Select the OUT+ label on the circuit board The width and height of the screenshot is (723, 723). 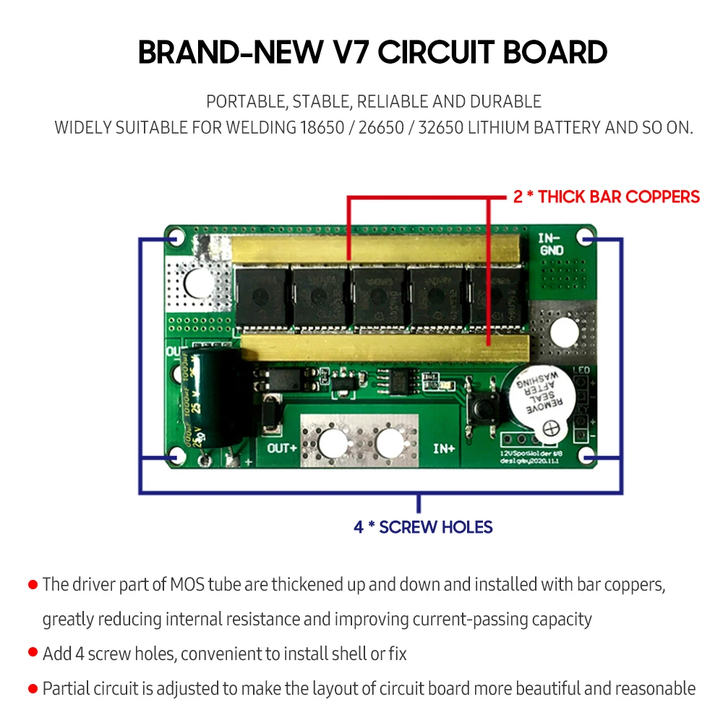283,447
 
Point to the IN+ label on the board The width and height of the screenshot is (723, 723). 443,448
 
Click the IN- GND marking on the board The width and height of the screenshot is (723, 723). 552,244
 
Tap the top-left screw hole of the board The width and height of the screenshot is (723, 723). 174,238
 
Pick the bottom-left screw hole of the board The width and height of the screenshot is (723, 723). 174,455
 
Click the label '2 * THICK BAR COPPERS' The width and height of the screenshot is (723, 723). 607,197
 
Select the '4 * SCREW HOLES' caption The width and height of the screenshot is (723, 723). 423,527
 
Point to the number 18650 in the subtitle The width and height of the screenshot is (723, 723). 319,128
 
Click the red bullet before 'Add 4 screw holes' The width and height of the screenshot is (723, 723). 33,653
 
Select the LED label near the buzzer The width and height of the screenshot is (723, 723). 581,371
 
